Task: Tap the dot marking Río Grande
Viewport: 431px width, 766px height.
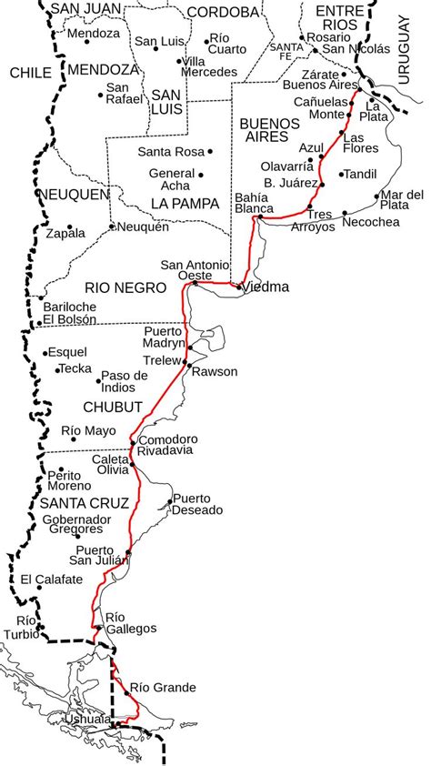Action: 125,688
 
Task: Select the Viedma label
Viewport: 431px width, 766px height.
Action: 266,287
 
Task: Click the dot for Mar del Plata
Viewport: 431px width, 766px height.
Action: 376,196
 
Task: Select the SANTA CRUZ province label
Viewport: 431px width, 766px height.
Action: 76,502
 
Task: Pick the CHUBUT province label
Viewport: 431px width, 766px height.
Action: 113,406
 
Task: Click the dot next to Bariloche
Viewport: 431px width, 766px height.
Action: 39,297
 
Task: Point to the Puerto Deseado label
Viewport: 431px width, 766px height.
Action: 197,504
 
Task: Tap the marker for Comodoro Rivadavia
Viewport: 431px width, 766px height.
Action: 133,443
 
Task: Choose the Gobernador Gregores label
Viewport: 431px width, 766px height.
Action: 76,524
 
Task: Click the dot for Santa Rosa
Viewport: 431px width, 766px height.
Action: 210,152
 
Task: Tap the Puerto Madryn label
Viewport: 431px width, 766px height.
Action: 164,338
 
